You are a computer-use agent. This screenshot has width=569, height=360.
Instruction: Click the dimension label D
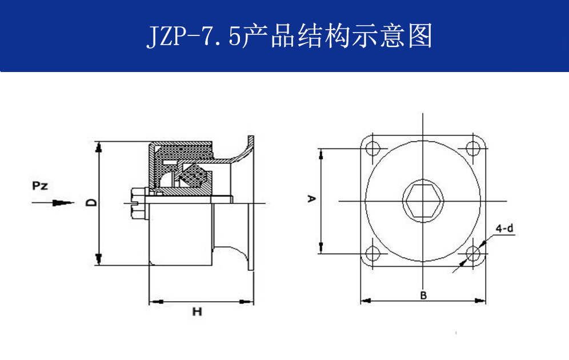coord(90,202)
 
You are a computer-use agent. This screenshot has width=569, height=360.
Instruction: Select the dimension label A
coord(311,199)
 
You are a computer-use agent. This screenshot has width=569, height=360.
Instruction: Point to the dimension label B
coord(423,295)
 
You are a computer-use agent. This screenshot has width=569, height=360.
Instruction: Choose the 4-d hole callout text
coord(504,229)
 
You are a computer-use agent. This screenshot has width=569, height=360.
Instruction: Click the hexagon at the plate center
coord(423,201)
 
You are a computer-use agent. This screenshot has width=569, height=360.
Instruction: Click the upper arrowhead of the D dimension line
coord(99,146)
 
